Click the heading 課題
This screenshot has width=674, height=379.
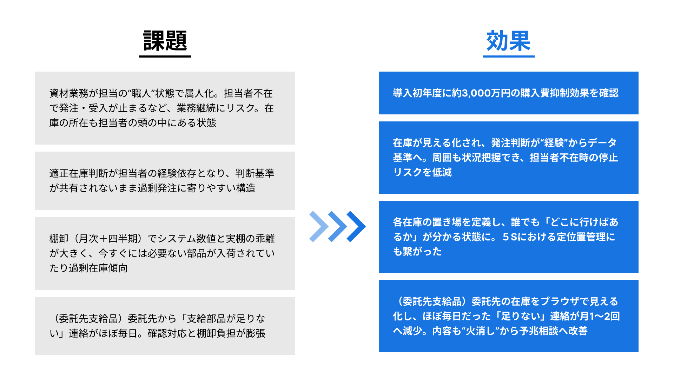point(165,41)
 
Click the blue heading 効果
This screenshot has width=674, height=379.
point(508,41)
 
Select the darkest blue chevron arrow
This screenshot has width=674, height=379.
point(357,226)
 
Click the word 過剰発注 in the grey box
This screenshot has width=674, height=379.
point(157,188)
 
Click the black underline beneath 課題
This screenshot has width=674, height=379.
point(165,56)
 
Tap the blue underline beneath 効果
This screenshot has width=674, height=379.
point(508,56)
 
